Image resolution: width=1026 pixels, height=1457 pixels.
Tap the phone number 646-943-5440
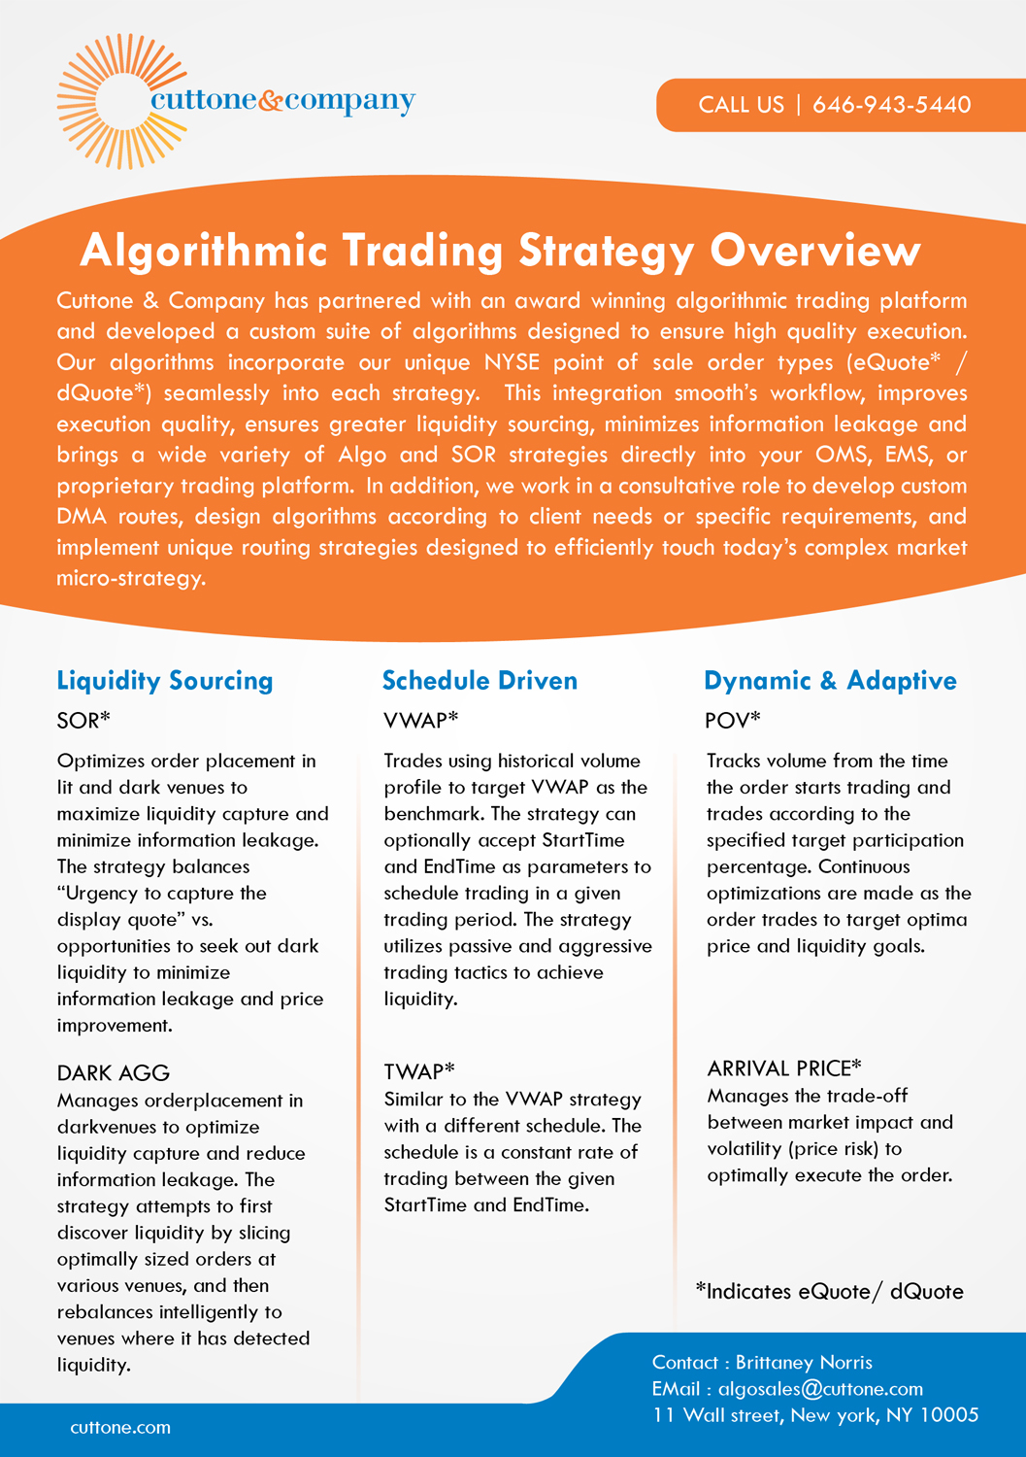click(891, 105)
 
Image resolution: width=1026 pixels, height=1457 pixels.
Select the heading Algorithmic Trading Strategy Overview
click(500, 251)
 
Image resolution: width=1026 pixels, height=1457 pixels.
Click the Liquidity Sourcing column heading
click(165, 681)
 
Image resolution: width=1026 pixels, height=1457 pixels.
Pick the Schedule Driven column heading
click(480, 681)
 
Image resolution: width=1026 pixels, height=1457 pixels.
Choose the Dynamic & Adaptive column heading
click(830, 681)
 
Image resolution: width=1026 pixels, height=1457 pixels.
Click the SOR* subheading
click(84, 721)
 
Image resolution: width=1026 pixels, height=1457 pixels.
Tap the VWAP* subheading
click(420, 721)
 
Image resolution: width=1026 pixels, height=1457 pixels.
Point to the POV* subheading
click(733, 721)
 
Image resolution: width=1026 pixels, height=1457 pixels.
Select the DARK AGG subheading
click(114, 1073)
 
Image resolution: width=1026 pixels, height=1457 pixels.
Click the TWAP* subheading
click(419, 1071)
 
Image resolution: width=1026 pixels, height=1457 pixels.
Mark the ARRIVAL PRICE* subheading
click(784, 1068)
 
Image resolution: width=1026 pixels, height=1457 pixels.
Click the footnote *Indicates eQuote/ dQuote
click(829, 1292)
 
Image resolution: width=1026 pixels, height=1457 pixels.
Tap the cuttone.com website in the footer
click(120, 1428)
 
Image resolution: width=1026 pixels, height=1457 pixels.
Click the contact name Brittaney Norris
click(804, 1363)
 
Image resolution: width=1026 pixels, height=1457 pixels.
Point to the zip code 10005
click(948, 1415)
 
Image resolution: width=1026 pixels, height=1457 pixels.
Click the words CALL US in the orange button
click(741, 105)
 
